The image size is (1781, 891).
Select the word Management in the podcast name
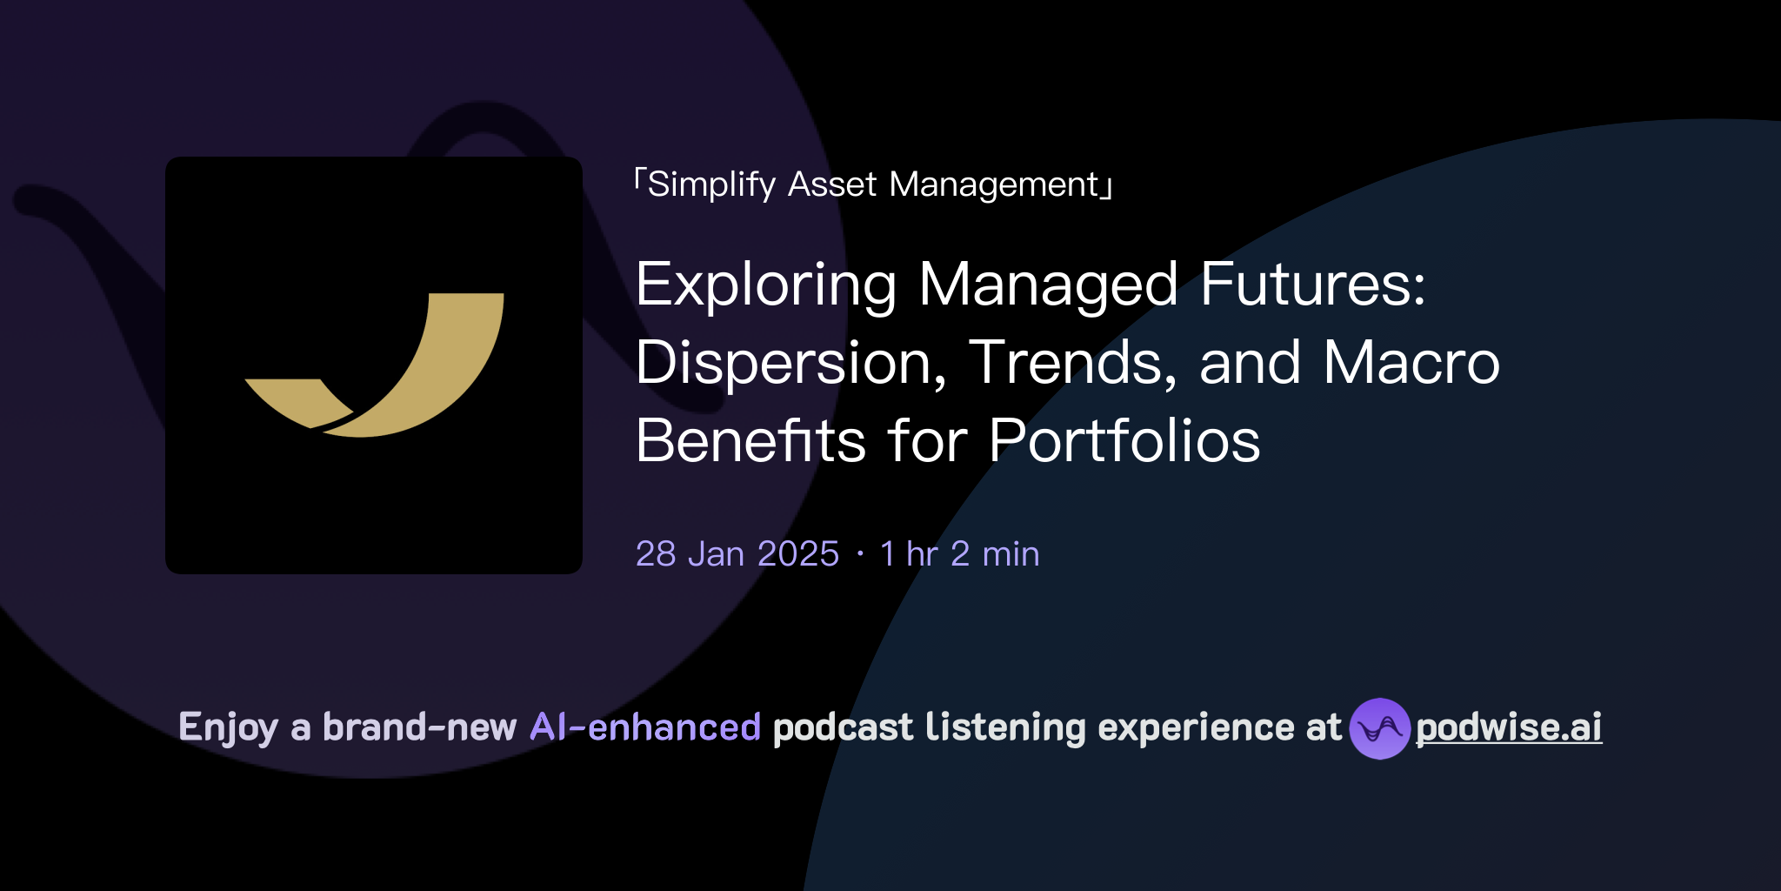994,185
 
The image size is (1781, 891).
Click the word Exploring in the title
765,285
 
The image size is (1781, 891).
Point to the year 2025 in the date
797,554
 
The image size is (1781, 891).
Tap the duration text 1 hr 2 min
959,554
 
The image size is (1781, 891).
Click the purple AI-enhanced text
645,727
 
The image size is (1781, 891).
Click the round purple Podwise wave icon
1379,728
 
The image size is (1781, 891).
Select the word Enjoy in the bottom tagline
228,728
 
